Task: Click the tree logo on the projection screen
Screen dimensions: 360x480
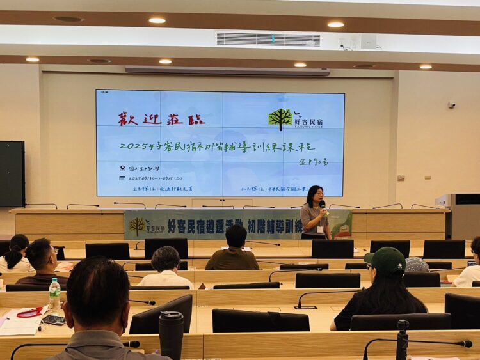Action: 280,118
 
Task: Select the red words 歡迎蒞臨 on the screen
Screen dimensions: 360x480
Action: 161,119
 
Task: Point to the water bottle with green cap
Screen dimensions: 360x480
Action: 55,293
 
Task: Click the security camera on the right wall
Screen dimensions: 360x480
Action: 451,104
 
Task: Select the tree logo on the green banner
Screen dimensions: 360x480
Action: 137,225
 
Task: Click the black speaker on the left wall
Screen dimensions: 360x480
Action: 12,173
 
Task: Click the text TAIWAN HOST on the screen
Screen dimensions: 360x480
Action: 308,125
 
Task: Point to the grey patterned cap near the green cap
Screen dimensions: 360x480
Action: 417,264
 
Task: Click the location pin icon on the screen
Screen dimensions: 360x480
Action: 122,168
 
